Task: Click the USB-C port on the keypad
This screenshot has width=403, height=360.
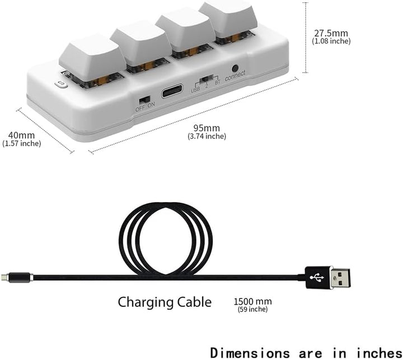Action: (x=172, y=91)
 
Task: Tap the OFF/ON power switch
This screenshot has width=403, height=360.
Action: (x=144, y=100)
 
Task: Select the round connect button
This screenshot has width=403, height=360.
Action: (x=235, y=68)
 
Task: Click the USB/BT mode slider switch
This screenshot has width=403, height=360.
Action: (x=207, y=79)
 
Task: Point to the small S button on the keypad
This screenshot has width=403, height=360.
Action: (x=61, y=84)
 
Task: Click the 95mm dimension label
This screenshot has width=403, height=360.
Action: (x=207, y=128)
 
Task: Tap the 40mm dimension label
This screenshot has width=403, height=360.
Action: (x=21, y=135)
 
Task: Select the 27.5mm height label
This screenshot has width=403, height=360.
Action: (x=331, y=33)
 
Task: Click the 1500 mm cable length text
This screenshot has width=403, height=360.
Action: (x=252, y=301)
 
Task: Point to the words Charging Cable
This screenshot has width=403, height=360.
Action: (x=165, y=303)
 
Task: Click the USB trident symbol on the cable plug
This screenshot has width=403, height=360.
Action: (x=317, y=278)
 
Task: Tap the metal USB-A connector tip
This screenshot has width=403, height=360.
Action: (x=340, y=278)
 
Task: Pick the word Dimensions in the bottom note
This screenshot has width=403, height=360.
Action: (x=250, y=353)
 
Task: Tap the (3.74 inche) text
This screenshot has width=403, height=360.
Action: (x=207, y=136)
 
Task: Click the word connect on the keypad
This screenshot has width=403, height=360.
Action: (x=235, y=76)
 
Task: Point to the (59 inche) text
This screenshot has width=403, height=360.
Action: (x=252, y=309)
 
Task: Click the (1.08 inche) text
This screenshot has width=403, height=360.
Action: (x=331, y=41)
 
